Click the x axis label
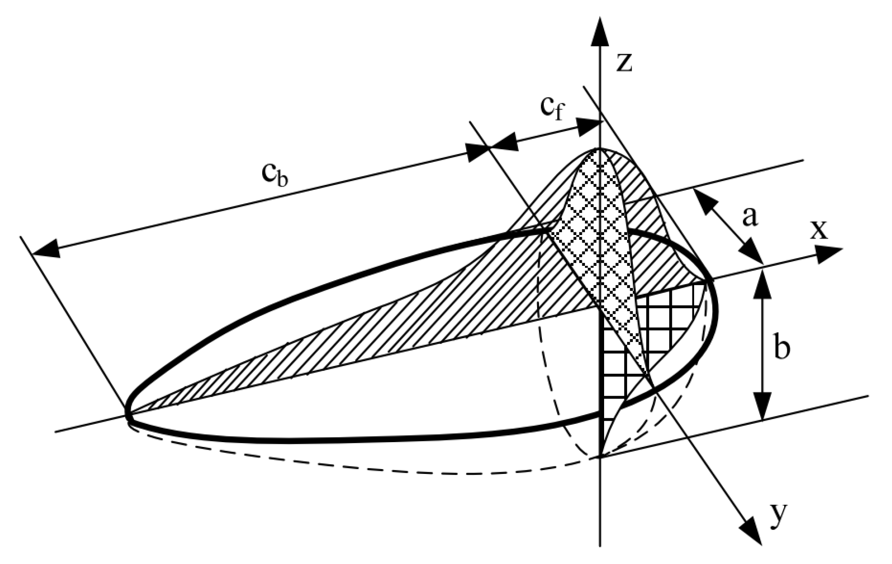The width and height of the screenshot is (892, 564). tap(819, 231)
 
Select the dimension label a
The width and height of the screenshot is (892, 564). tap(749, 217)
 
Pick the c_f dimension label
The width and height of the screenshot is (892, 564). tap(551, 110)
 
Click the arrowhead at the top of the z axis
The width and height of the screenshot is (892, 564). tap(600, 30)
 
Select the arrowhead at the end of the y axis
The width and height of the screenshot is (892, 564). tap(752, 533)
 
